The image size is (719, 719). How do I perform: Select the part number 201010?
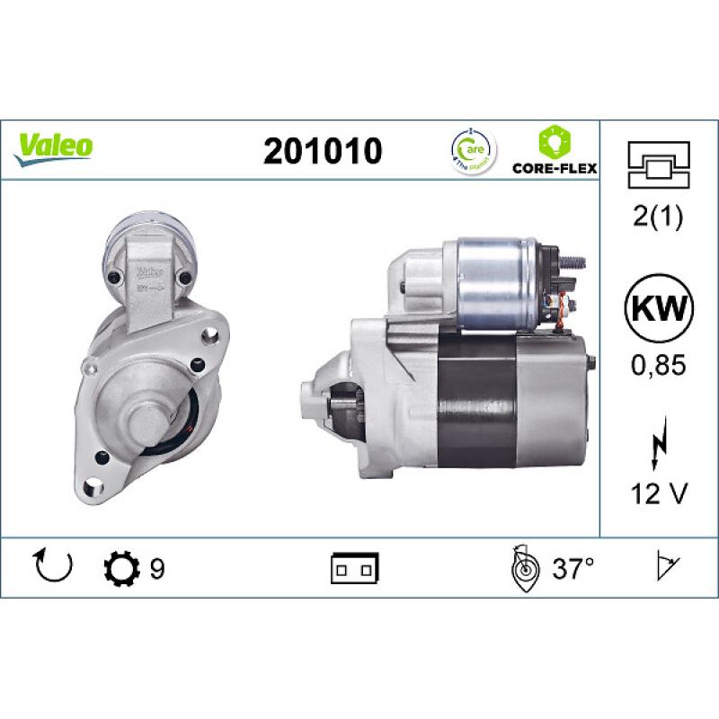[323, 151]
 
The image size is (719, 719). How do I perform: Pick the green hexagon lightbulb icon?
[554, 141]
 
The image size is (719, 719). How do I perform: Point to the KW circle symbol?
[660, 312]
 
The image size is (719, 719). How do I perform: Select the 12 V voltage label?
[660, 493]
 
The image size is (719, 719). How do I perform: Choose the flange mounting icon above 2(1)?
[659, 164]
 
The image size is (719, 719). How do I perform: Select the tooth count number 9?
[157, 569]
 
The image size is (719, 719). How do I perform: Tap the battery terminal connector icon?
[356, 568]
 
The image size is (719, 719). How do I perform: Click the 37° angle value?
[574, 569]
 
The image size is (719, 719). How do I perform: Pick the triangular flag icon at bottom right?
[668, 567]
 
